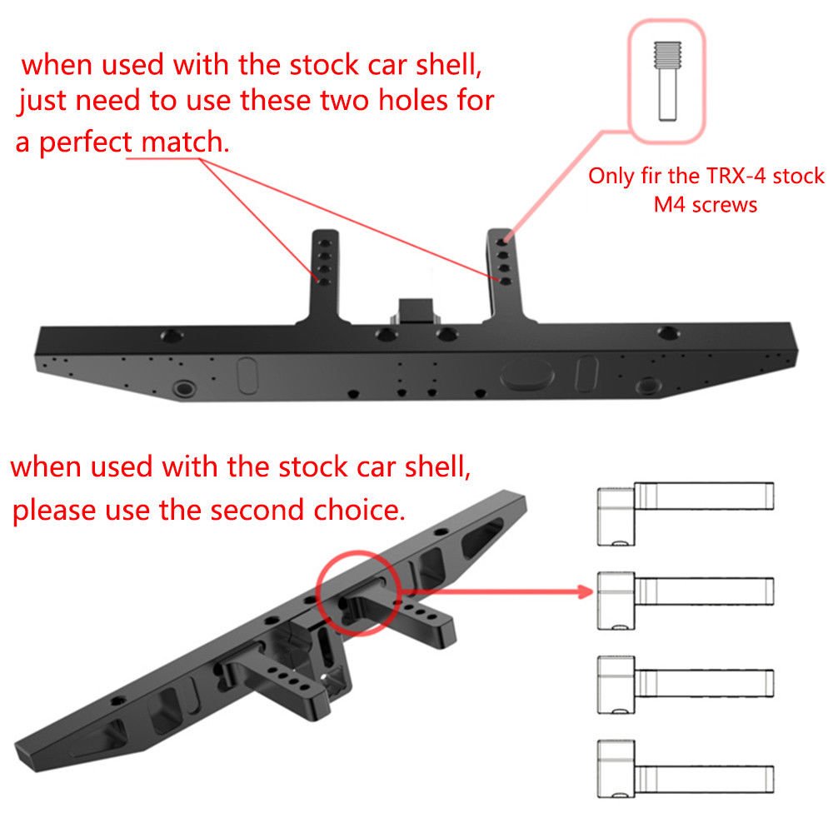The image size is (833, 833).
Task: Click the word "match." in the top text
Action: tap(195, 142)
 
